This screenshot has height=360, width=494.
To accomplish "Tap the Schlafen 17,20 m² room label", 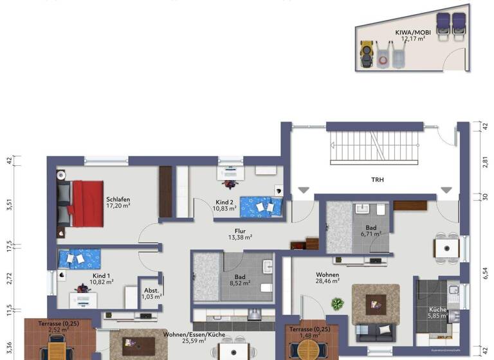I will [118, 203].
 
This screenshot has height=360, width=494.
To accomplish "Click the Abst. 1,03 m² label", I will [152, 292].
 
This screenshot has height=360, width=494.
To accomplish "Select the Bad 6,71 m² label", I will [370, 231].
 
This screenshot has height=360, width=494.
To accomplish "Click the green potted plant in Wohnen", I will [336, 303].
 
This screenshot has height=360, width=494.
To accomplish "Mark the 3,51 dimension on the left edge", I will [8, 206].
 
